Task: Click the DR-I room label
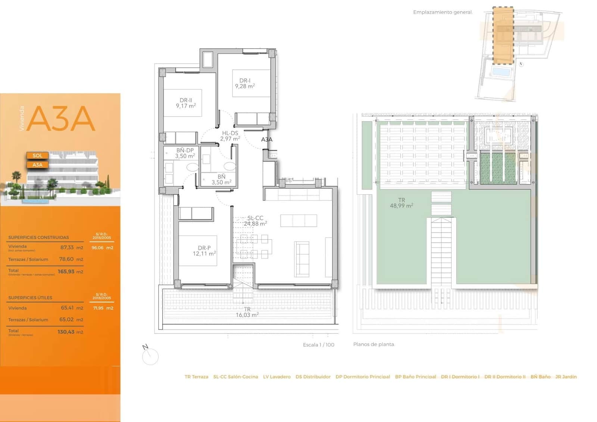(x=245, y=83)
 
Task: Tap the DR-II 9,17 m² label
(x=186, y=103)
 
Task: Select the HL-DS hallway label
(x=230, y=136)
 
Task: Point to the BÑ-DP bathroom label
(x=185, y=153)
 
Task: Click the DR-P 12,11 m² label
(x=204, y=251)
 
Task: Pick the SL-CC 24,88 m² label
(x=255, y=221)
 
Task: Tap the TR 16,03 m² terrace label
(x=247, y=312)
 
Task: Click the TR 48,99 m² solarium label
(x=401, y=203)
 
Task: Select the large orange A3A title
(x=61, y=118)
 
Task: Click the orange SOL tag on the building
(x=37, y=155)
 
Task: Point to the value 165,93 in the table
(x=66, y=271)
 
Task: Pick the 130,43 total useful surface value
(x=66, y=332)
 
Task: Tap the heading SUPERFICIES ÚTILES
(x=30, y=298)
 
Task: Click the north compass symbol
(x=150, y=355)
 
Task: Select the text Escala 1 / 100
(x=318, y=345)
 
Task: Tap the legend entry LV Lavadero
(x=276, y=377)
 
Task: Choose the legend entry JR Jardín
(x=566, y=377)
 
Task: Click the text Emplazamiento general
(x=443, y=12)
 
